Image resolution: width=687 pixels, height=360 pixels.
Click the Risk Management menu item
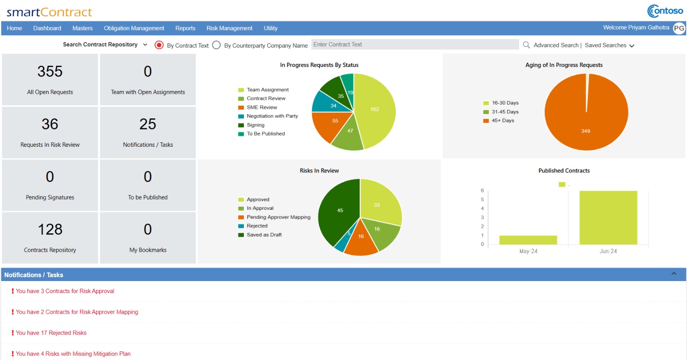[229, 28]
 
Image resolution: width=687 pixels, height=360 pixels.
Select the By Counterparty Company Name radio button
[216, 45]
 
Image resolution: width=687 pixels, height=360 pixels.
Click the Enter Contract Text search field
[414, 45]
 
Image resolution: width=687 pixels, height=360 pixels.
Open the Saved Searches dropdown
[609, 45]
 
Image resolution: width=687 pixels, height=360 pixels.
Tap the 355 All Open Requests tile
[50, 79]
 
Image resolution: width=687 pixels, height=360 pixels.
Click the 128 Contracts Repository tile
[50, 237]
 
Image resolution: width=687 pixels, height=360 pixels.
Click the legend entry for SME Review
[261, 107]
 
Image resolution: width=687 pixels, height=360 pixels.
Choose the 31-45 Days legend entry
[505, 112]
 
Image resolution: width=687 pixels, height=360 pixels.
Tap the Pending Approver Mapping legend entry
[278, 217]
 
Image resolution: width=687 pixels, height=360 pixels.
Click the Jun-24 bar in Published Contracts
[608, 218]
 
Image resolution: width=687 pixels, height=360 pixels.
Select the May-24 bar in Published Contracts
[528, 240]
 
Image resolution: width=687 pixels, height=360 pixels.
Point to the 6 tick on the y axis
[482, 191]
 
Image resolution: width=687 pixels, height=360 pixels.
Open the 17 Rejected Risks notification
[51, 333]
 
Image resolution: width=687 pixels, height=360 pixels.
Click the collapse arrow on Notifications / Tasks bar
[674, 274]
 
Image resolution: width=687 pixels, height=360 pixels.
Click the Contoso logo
[665, 11]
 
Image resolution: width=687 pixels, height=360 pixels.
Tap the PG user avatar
[679, 28]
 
